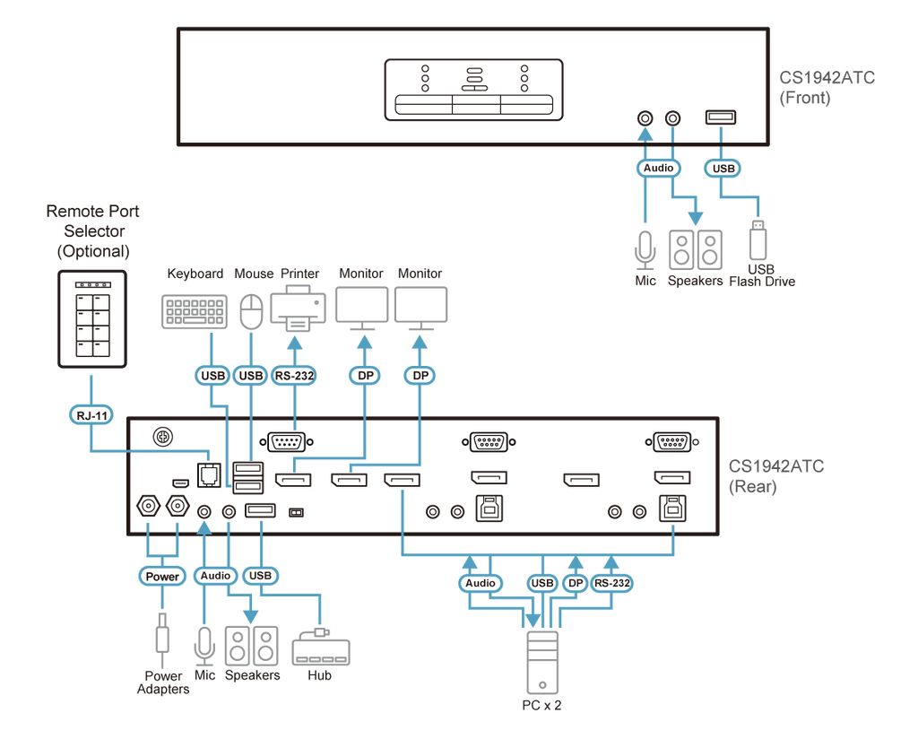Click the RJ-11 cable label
tap(92, 415)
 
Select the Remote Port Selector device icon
tap(92, 319)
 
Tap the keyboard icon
tap(195, 311)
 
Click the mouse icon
tap(252, 311)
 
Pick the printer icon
tap(298, 308)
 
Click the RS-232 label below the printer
tap(294, 376)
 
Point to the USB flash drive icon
tap(758, 239)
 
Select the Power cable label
tap(162, 576)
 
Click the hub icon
tap(321, 647)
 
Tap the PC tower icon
tap(542, 662)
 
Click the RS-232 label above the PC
tap(611, 583)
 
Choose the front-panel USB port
tap(721, 117)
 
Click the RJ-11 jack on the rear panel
tap(209, 474)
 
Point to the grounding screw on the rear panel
tap(163, 437)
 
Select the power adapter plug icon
tap(162, 633)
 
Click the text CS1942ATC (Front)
tap(827, 87)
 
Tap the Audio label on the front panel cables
tap(659, 168)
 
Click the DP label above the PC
tap(576, 583)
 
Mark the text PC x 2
tap(541, 705)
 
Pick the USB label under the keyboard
tap(212, 376)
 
